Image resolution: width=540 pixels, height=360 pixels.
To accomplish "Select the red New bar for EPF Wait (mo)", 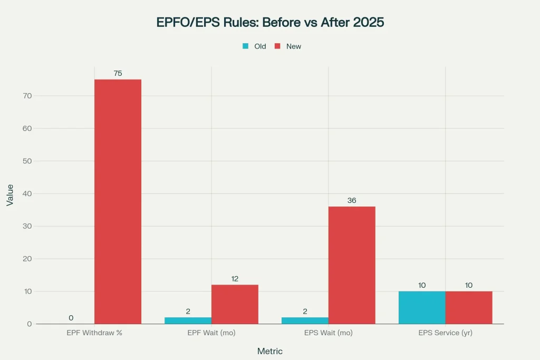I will pos(235,304).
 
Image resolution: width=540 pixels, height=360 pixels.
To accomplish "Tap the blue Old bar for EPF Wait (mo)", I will pos(188,320).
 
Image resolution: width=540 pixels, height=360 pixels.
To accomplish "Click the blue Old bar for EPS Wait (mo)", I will pos(305,320).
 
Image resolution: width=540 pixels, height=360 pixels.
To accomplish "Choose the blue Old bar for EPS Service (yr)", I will pos(422,307).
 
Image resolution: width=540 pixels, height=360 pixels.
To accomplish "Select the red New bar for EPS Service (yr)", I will pos(469,307).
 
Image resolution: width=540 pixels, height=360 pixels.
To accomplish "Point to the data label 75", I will pos(118,73).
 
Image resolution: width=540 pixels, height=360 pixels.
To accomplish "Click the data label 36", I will pos(352,200).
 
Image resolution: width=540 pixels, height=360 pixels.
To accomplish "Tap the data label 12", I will pos(235,278).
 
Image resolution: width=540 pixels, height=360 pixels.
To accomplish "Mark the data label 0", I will pos(71,318).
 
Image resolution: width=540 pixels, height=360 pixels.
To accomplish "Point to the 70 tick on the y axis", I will pos(27,96).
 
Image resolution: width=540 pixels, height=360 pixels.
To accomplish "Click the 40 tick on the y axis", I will pos(27,193).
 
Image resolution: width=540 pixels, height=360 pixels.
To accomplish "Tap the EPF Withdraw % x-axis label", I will pos(95,333).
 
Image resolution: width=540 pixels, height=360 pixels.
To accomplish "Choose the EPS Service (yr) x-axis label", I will pos(446,333).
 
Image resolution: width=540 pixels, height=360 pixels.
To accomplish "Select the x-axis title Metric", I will pos(269,351).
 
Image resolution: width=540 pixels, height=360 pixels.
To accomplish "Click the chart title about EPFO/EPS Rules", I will pos(269,23).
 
